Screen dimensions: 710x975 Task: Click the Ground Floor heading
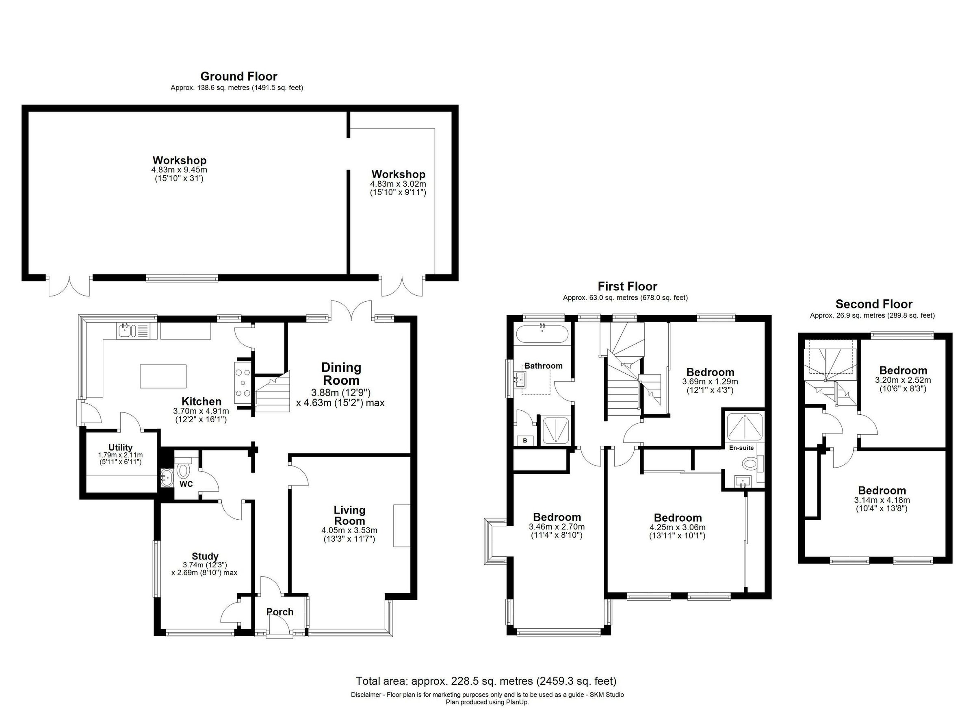238,76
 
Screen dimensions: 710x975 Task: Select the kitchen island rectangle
163,376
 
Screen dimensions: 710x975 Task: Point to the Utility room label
120,448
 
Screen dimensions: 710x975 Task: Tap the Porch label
279,612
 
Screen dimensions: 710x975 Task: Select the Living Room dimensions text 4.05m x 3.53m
349,531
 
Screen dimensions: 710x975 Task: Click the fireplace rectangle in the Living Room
401,525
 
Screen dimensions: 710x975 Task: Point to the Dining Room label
341,374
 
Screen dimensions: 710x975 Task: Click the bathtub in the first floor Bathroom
542,334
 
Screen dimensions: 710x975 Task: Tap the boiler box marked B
525,441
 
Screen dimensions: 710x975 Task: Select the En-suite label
741,448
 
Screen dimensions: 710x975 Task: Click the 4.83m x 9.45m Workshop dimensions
179,170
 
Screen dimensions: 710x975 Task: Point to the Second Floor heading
873,304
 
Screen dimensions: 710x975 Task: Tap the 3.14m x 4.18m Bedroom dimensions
882,501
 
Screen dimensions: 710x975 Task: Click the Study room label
205,556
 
